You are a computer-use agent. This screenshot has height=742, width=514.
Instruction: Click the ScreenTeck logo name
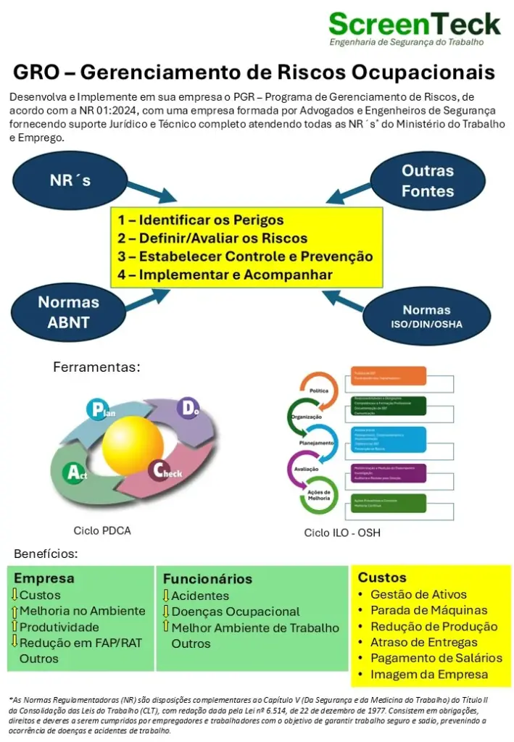pos(414,24)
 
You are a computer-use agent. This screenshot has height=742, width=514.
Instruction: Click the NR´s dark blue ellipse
pos(71,180)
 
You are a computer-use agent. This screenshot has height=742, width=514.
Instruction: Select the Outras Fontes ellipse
pos(428,181)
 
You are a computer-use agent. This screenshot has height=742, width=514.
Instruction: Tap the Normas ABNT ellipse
pos(68,312)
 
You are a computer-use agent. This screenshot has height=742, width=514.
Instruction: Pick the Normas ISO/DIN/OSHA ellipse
pos(426,316)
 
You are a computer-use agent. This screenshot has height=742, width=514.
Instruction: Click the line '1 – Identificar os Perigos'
pos(201,220)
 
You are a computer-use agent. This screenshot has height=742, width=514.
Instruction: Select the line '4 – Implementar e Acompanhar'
pos(225,275)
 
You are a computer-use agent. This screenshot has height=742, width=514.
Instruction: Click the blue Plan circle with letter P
pos(98,409)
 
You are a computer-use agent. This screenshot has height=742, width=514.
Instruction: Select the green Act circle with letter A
pos(75,473)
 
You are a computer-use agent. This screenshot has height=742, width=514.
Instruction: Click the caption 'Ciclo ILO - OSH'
pos(342,533)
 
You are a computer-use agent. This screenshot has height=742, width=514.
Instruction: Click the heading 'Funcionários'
pos(207,579)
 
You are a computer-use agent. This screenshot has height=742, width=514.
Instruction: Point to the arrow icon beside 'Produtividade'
pos(14,627)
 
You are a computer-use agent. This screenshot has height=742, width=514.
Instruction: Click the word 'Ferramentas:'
pos(96,367)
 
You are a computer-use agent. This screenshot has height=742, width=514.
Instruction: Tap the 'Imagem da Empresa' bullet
pos(429,674)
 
